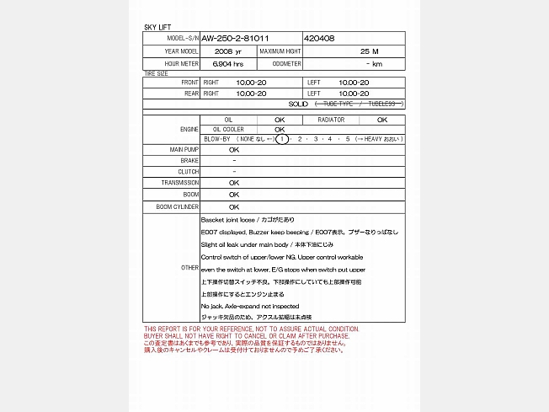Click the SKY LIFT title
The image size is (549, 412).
click(x=157, y=28)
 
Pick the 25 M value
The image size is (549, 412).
click(x=369, y=51)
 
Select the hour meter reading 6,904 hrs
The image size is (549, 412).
click(x=228, y=63)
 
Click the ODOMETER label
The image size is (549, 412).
click(x=287, y=63)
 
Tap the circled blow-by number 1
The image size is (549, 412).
click(x=282, y=139)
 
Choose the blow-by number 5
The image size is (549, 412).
click(x=348, y=139)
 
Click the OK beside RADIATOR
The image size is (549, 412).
click(x=381, y=120)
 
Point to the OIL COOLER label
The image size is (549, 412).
click(x=216, y=129)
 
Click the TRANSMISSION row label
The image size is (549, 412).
click(x=180, y=182)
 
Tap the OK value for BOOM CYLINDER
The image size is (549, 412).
click(x=234, y=206)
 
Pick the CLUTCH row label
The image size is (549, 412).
click(x=189, y=171)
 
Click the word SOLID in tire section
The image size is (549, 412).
click(x=298, y=104)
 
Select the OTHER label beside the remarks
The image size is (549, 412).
click(x=190, y=267)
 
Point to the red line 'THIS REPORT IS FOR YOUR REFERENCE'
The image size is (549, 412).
click(x=252, y=329)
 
